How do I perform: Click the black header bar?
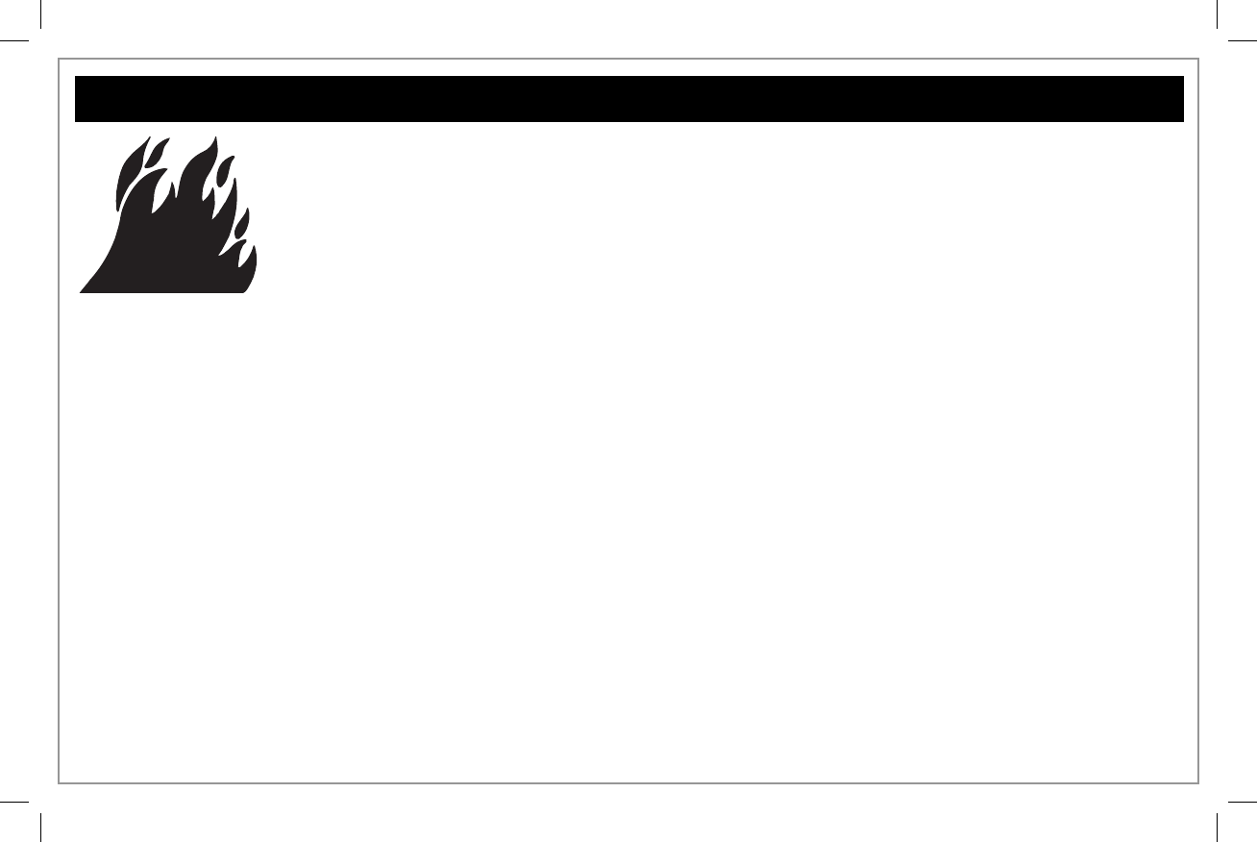[x=628, y=99]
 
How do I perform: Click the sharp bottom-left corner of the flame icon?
[x=81, y=292]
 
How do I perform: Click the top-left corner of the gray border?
[x=60, y=60]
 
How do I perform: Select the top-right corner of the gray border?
[x=1197, y=60]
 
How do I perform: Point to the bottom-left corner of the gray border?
[x=60, y=782]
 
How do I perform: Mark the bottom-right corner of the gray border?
[x=1197, y=782]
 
